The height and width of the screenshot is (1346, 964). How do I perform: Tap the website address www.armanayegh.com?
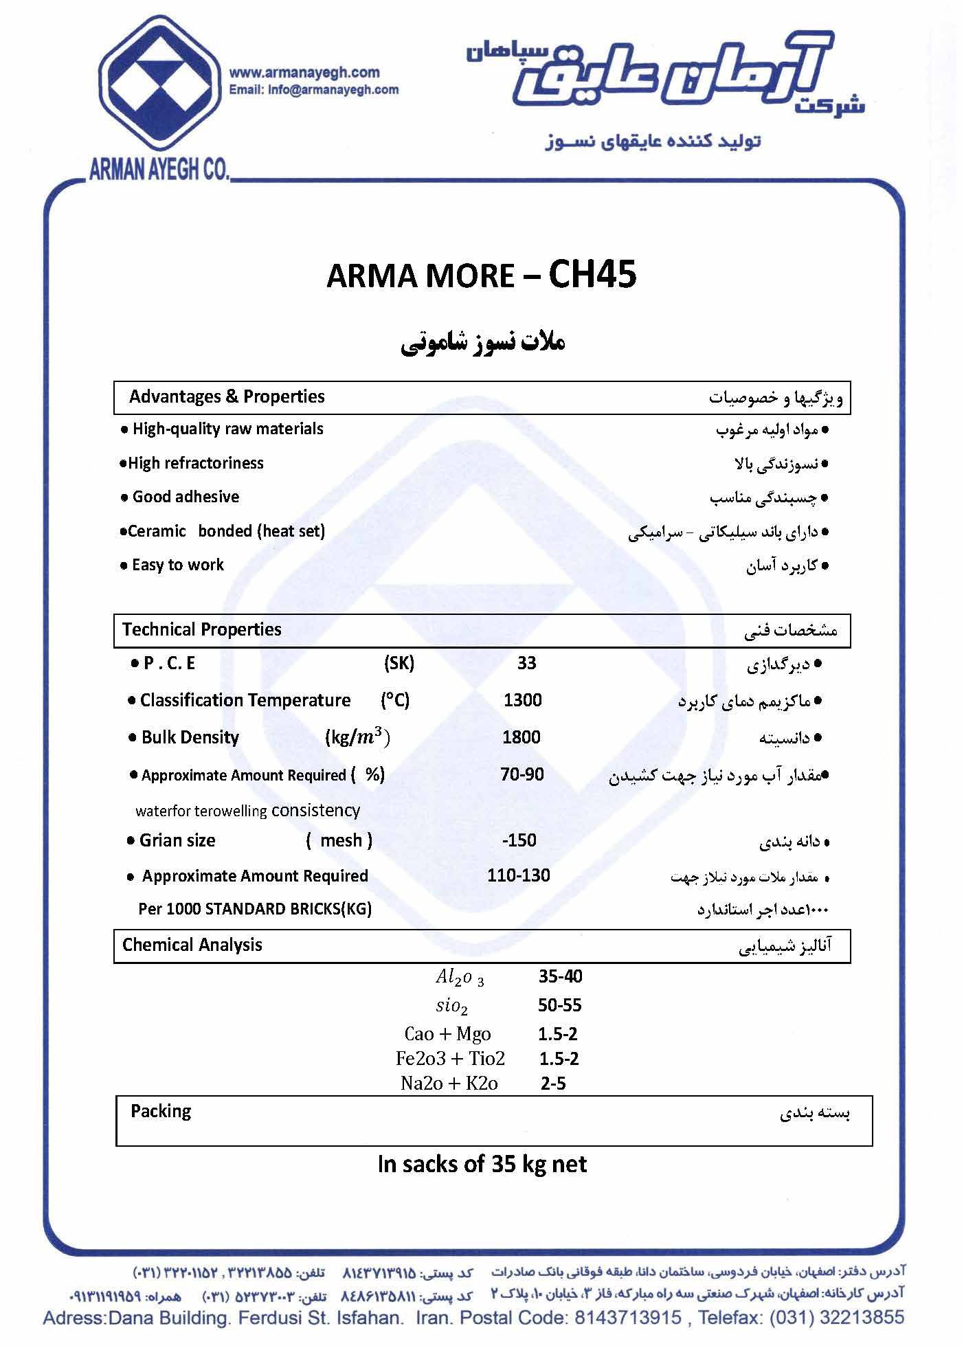click(x=304, y=73)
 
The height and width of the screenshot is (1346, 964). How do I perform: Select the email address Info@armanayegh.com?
click(x=313, y=89)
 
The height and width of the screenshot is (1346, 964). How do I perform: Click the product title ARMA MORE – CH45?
click(x=481, y=276)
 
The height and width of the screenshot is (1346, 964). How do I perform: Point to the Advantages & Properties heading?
click(x=227, y=397)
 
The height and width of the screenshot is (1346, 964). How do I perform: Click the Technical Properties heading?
click(x=201, y=629)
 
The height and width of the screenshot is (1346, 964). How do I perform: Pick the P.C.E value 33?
click(x=526, y=663)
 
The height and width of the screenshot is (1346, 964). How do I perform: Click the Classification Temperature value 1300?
click(x=522, y=700)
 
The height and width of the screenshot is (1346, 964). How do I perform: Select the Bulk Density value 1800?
click(x=521, y=737)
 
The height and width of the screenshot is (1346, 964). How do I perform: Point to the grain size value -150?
click(x=519, y=840)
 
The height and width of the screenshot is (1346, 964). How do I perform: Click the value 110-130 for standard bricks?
click(x=518, y=875)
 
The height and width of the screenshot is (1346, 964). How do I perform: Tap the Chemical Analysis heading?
click(x=192, y=945)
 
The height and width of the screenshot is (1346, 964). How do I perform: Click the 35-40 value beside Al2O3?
click(x=560, y=976)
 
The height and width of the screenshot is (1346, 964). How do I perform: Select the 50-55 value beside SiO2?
click(x=559, y=1005)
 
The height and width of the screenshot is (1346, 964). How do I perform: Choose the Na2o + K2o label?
click(x=449, y=1084)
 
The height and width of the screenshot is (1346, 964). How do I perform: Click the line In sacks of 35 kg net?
click(x=482, y=1164)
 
